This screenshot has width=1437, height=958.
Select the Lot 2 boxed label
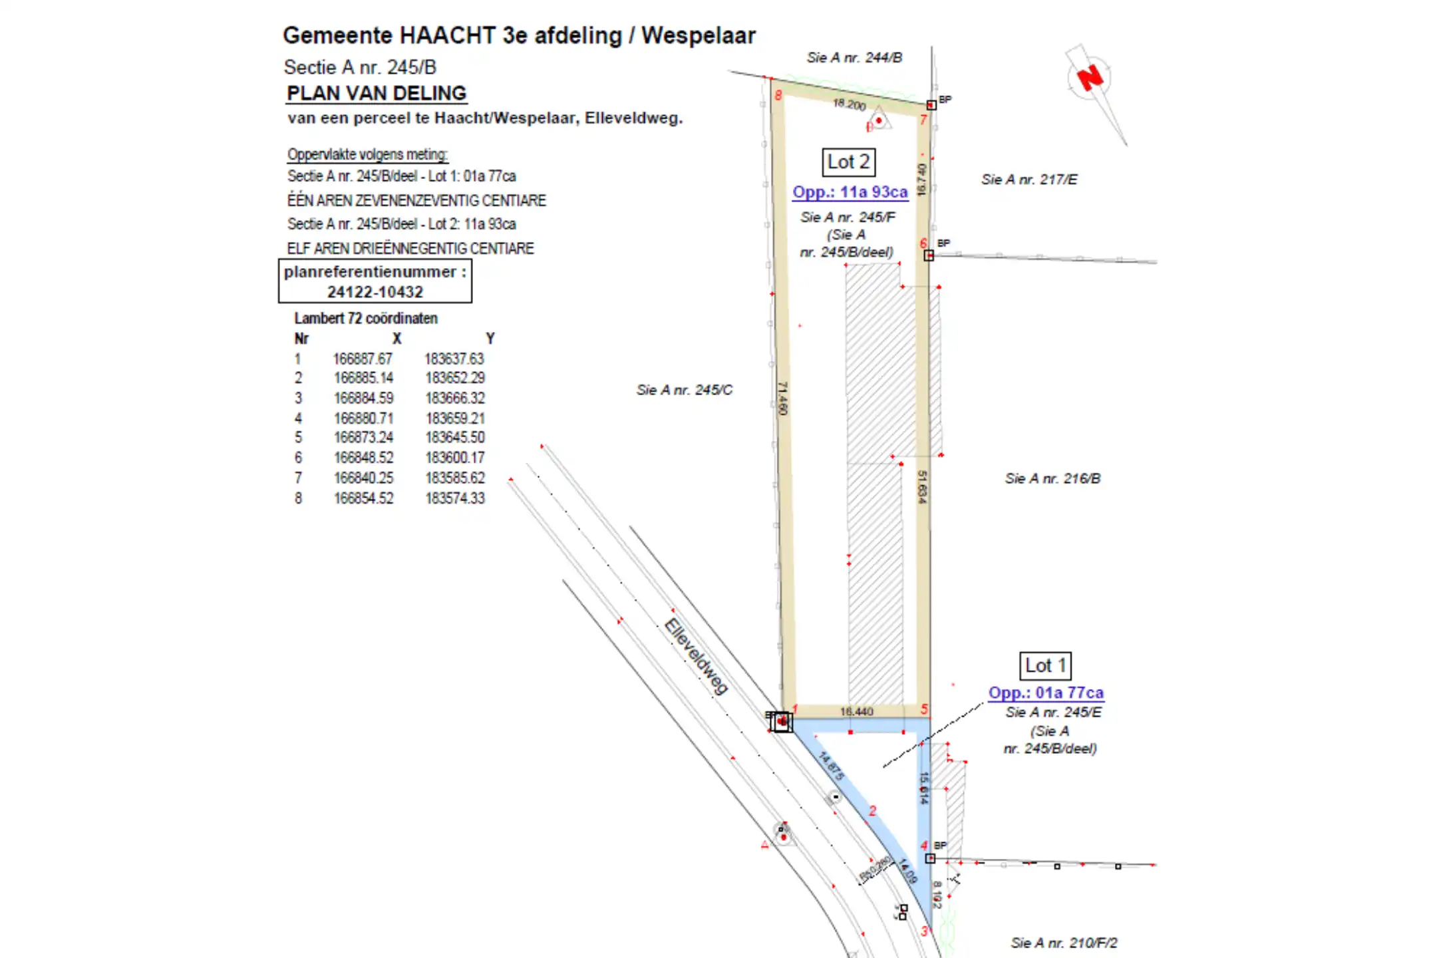click(848, 162)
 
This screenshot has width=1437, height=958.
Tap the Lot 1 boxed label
click(1045, 665)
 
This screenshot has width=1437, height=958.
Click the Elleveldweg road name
click(696, 657)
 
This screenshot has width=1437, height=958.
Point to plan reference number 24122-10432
click(375, 292)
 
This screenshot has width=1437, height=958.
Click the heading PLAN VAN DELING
click(377, 93)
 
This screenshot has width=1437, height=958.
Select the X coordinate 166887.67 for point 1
click(363, 359)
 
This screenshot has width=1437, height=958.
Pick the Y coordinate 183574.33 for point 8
click(455, 498)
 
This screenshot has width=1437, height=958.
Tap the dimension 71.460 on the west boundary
click(783, 399)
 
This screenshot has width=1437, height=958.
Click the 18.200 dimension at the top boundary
click(850, 104)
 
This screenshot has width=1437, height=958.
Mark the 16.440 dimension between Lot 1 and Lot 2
click(856, 712)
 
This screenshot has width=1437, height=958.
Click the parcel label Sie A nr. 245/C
click(684, 390)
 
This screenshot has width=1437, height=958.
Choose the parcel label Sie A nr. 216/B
click(1052, 478)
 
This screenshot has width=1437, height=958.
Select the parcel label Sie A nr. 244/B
click(854, 58)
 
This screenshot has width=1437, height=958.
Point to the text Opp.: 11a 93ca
click(850, 192)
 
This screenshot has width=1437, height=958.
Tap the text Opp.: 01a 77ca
click(1045, 693)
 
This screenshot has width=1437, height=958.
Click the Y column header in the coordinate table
click(490, 339)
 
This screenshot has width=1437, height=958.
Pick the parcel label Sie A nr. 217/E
click(1029, 180)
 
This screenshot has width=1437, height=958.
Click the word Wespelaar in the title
click(698, 35)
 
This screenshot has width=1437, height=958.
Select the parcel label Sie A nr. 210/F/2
click(1064, 943)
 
